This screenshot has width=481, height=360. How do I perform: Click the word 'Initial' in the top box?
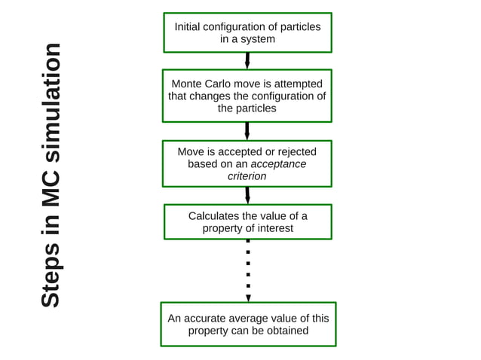tap(188, 26)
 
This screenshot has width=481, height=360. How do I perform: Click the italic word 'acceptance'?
tap(278, 163)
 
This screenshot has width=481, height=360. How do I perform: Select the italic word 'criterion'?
tap(247, 175)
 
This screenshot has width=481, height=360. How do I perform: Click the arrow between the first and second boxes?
tap(247, 61)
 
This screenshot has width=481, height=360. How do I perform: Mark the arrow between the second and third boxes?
tap(247, 131)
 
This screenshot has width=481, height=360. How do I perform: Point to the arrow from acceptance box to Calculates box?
tap(247, 195)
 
